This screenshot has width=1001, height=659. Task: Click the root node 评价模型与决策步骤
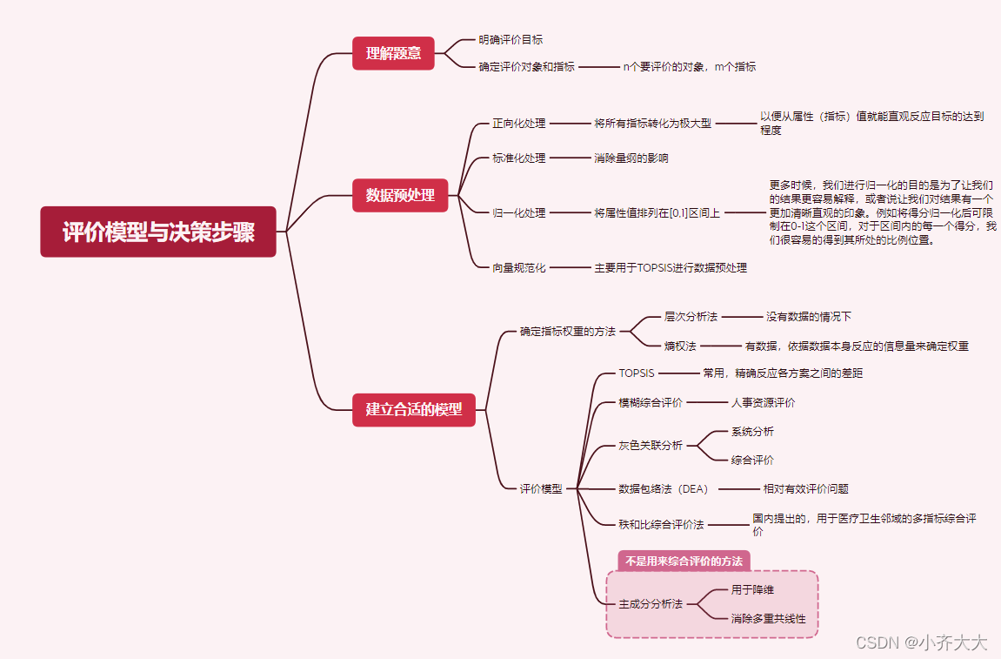[x=158, y=232]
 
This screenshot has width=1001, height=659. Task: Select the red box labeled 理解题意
[x=393, y=53]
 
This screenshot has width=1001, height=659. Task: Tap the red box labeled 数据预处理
[x=400, y=195]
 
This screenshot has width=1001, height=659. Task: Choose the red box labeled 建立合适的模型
[x=414, y=409]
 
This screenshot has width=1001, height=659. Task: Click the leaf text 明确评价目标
[x=511, y=39]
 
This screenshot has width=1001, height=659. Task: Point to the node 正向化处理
[x=519, y=124]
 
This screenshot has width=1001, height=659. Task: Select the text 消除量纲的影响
[x=631, y=158]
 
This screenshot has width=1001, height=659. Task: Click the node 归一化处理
[x=519, y=212]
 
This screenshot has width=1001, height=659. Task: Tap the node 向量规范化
[x=519, y=268]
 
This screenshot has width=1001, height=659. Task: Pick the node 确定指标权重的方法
[x=567, y=331]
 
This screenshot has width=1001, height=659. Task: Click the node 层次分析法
[x=691, y=317]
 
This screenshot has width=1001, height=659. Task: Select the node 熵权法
[x=680, y=346]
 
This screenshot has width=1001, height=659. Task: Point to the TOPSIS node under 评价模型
[x=637, y=373]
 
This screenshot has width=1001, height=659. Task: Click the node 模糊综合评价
[x=651, y=402]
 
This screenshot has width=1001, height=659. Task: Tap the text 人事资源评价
[x=762, y=402]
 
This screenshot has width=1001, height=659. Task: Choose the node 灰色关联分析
[x=651, y=445]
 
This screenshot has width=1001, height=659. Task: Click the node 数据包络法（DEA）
[x=664, y=489]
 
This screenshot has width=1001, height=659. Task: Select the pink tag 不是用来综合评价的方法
[x=684, y=561]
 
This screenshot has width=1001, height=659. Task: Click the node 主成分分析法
[x=651, y=603]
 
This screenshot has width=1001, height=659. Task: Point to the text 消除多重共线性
[x=768, y=619]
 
